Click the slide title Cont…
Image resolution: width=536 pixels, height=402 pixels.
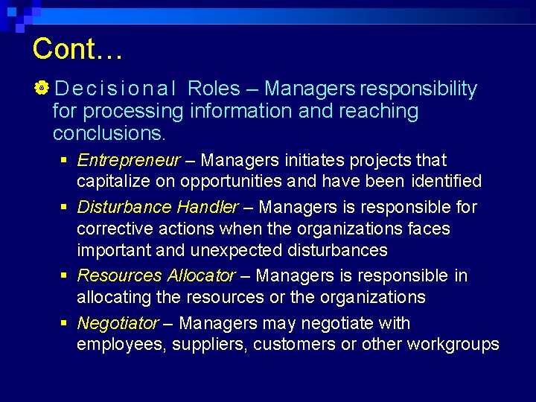tap(77, 49)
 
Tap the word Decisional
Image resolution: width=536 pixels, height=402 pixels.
tap(115, 89)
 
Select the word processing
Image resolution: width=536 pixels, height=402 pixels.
tap(133, 112)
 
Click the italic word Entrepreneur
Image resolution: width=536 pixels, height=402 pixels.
tap(128, 160)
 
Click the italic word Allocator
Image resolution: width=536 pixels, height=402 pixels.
tap(200, 275)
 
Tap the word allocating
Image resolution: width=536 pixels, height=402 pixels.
tap(112, 297)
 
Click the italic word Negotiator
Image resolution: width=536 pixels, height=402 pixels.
tap(118, 323)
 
